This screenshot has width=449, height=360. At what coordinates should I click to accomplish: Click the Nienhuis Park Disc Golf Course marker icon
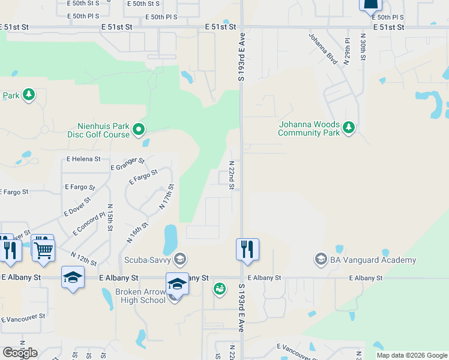tap(139, 129)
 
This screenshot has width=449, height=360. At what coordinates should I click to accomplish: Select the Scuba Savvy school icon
tap(179, 259)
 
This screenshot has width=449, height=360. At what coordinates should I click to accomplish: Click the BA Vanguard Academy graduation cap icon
tap(321, 260)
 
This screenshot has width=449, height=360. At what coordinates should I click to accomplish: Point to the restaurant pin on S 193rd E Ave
tap(247, 249)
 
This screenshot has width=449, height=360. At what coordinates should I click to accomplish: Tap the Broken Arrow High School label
tap(140, 296)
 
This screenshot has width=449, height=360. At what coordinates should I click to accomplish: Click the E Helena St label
tap(83, 160)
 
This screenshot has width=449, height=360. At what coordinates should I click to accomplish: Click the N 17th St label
tap(166, 197)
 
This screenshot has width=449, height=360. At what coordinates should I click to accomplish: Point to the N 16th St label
tap(137, 232)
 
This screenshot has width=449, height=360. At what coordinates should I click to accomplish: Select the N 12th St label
tap(83, 259)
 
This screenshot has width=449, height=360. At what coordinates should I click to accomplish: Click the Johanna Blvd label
tap(323, 49)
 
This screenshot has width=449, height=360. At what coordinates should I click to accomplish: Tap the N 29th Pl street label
tap(347, 50)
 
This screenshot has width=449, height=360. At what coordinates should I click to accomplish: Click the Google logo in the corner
tap(20, 353)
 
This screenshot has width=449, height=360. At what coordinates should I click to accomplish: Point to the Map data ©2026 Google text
tap(412, 355)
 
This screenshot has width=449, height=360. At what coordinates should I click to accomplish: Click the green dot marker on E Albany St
tap(220, 289)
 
